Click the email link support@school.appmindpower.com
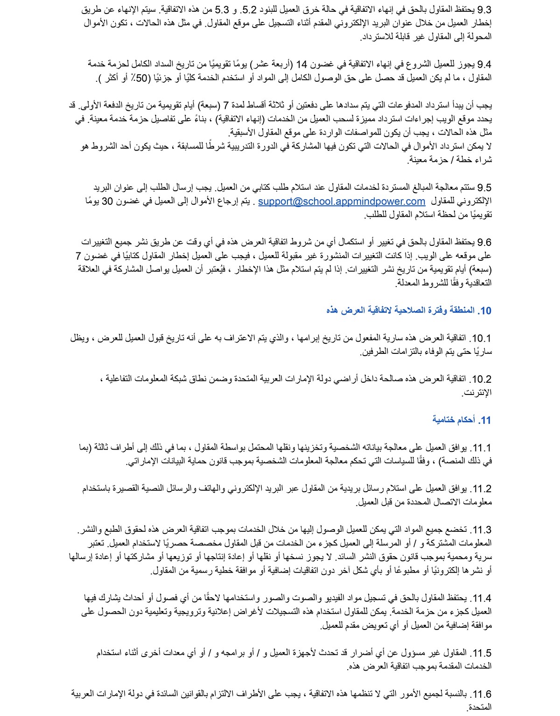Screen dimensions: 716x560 click(x=342, y=201)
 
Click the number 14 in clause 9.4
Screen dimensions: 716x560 click(x=302, y=64)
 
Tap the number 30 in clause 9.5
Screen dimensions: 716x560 click(x=107, y=201)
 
